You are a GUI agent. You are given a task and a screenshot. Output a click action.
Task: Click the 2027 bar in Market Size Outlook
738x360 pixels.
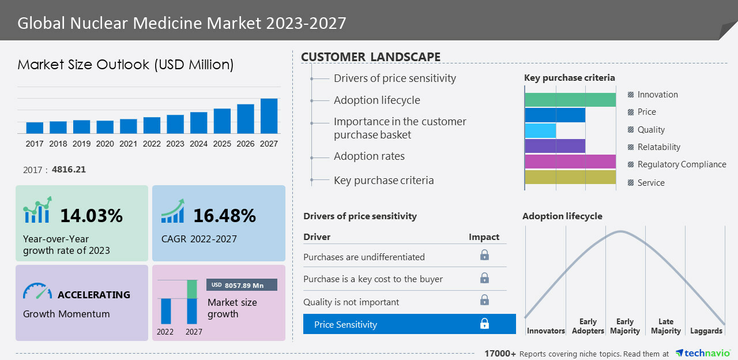269,116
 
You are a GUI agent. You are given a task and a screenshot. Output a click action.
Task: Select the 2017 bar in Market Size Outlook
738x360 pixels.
35,127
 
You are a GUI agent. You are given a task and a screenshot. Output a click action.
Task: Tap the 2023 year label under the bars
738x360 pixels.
175,144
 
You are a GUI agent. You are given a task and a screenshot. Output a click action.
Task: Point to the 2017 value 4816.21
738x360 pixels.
69,170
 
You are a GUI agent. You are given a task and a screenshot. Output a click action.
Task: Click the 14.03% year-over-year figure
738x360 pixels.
91,216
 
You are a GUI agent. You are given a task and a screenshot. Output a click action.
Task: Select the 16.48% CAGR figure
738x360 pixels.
224,216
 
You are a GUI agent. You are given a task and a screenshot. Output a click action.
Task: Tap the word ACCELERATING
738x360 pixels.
94,295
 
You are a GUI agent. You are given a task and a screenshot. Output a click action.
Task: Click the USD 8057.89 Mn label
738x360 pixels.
242,285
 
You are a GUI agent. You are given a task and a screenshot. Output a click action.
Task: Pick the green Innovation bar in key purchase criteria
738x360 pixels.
570,99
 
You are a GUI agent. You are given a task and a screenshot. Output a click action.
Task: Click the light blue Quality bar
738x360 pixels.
540,130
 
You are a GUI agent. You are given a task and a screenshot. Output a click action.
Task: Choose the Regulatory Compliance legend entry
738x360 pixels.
681,164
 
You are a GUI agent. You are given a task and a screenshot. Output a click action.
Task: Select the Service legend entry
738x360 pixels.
650,183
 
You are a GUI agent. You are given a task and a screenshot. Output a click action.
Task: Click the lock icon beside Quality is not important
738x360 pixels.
484,300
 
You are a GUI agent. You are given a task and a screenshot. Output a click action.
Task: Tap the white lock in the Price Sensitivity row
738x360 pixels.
484,324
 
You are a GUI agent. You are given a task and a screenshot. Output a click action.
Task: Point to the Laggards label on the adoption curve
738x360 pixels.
706,331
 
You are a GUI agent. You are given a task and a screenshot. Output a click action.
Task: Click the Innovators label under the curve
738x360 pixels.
545,331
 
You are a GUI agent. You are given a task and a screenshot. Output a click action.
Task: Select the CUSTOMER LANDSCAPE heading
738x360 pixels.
371,57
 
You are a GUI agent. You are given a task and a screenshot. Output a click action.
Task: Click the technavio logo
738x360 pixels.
703,353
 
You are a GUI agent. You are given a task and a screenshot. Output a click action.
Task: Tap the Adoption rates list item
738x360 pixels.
369,156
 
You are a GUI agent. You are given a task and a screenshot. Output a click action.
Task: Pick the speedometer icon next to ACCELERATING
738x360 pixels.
37,291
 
